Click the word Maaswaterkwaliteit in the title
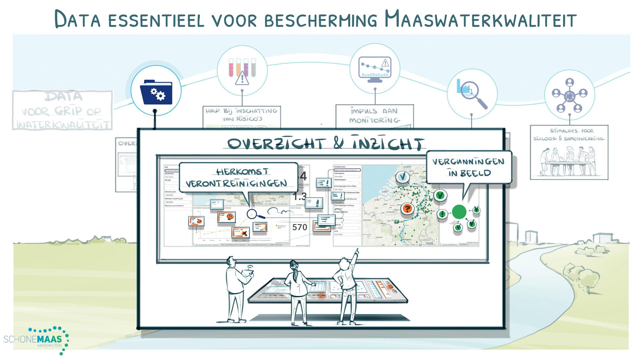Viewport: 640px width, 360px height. [480, 19]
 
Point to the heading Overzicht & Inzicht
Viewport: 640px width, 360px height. [325, 144]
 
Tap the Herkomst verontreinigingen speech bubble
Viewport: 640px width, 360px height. [238, 178]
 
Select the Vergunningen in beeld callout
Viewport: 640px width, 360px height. [469, 167]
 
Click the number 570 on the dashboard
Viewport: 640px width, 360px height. [299, 227]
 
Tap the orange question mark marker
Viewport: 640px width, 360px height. [407, 209]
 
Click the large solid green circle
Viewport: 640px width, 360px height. [459, 212]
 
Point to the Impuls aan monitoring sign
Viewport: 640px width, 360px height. [374, 116]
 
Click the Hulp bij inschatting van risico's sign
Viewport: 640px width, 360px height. [242, 115]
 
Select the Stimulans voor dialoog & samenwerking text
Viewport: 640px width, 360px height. [569, 135]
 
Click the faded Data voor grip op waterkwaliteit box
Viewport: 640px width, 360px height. [62, 110]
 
